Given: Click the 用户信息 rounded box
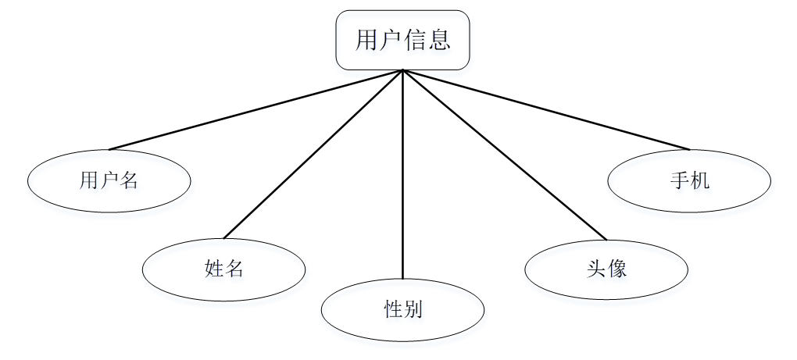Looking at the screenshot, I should coord(402,40).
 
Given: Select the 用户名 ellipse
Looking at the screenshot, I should coord(109,181).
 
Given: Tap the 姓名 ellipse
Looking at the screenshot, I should coord(223,269).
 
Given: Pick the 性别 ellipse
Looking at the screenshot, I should coord(402,310).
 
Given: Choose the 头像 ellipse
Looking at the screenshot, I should coord(606,269).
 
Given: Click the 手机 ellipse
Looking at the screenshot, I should coord(689,180).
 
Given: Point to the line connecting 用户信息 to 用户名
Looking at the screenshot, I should coord(256,109).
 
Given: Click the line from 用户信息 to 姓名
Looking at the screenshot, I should coord(313,154).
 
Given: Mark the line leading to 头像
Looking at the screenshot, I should coord(504,155).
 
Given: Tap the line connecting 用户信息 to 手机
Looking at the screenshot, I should coord(545,109).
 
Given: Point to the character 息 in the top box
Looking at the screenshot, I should coord(439,40).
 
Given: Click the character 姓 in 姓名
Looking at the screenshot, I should coord(213,269).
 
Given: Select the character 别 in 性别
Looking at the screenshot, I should coord(413,310).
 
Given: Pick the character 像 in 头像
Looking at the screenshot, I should coord(617,269).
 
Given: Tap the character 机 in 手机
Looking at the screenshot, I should coord(700,180).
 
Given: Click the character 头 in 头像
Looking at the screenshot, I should coord(596,269).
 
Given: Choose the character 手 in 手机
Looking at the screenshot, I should coord(679,180).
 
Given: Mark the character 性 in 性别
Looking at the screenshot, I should coord(392,310).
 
